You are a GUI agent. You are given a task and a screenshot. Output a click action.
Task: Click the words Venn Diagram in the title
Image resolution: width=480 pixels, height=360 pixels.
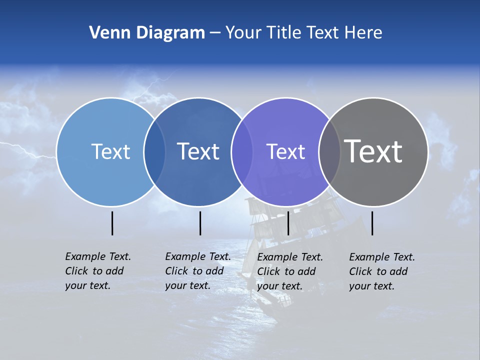click(x=146, y=33)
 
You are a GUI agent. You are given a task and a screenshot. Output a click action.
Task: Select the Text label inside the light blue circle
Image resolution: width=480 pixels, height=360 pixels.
click(x=110, y=151)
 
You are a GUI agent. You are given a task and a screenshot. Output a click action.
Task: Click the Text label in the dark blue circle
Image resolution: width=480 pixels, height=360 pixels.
click(x=198, y=151)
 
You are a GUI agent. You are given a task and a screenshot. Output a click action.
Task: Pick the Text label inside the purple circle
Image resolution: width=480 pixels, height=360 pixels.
click(x=285, y=151)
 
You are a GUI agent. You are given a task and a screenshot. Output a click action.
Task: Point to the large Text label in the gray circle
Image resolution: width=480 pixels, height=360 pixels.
click(x=373, y=151)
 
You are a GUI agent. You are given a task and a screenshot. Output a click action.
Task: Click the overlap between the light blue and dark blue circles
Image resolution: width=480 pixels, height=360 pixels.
click(x=154, y=151)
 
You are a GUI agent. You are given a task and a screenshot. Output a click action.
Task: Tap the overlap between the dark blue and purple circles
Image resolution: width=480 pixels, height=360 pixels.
click(x=242, y=151)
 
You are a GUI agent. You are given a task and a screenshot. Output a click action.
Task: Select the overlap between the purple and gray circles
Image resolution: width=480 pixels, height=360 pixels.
click(x=329, y=151)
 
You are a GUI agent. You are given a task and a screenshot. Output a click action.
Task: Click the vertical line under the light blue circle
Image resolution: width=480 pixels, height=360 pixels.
click(x=112, y=223)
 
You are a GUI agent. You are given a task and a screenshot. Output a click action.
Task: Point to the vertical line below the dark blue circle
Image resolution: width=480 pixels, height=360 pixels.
click(x=200, y=223)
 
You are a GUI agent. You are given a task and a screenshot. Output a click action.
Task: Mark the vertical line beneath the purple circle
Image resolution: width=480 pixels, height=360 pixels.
click(x=288, y=223)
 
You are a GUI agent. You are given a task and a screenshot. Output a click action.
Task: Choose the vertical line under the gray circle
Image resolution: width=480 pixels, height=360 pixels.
click(x=372, y=223)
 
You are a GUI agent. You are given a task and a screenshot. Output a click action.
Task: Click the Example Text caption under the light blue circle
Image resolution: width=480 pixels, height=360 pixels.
click(x=98, y=271)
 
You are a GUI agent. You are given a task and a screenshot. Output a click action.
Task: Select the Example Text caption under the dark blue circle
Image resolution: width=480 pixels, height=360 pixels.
click(x=198, y=271)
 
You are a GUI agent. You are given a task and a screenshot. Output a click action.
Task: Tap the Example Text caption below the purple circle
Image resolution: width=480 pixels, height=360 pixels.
click(x=290, y=271)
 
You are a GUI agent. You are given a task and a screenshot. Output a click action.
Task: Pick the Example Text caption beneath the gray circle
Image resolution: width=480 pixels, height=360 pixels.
click(x=382, y=271)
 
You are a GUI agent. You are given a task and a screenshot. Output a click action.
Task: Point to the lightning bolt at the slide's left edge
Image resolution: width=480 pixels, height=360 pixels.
click(x=25, y=148)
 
